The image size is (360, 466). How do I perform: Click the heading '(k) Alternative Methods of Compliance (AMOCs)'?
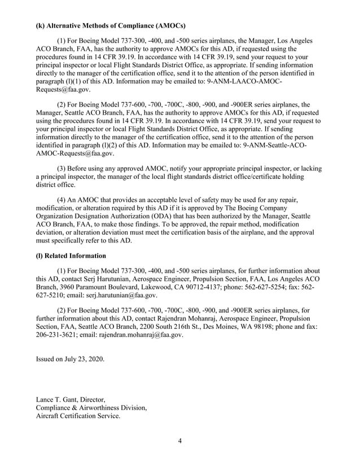pos(111,25)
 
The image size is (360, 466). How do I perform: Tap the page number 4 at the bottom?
pos(179,441)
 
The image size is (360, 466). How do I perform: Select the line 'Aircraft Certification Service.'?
pos(78,416)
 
